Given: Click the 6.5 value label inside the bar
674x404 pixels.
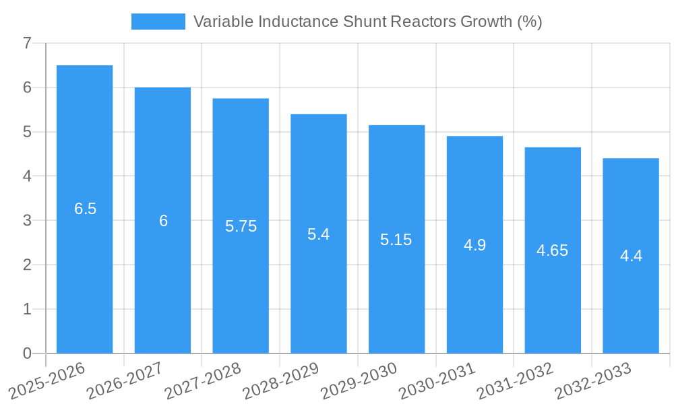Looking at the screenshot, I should point(86,209).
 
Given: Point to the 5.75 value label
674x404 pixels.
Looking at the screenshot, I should point(241,226).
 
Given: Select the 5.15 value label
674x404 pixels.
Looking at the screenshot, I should point(396,240).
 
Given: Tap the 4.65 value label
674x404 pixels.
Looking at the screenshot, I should point(552,250).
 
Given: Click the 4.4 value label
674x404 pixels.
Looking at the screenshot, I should point(631,256).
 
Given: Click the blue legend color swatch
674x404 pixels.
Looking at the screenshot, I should point(158,22).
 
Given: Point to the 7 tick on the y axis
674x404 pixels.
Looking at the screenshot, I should point(27,44).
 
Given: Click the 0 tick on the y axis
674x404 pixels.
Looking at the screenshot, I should point(27,353).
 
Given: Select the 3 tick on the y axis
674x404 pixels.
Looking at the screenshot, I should point(27,221).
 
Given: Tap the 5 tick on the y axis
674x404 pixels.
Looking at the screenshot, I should point(27,132).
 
